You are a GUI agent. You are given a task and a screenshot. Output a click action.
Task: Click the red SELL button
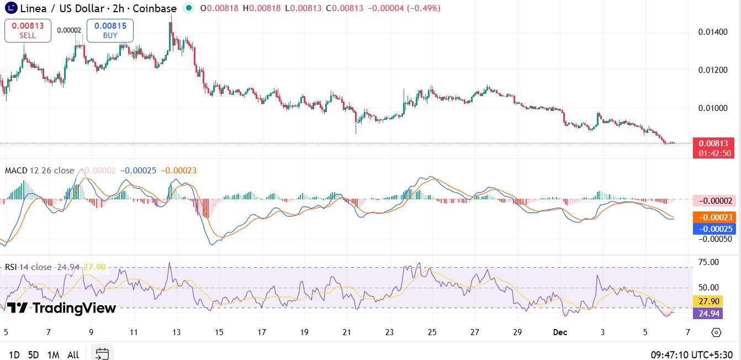tap(28, 30)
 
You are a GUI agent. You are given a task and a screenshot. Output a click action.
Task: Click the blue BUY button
tap(110, 30)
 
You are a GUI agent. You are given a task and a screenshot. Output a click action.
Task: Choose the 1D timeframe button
tap(14, 354)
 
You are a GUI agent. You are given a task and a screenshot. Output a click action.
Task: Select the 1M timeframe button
tap(53, 354)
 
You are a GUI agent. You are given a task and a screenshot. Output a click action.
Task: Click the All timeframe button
tap(73, 354)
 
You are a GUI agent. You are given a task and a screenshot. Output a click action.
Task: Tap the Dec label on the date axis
tap(561, 332)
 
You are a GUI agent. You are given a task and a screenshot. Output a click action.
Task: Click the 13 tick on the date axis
tap(176, 332)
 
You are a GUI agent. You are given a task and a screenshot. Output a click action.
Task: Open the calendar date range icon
tap(102, 353)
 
